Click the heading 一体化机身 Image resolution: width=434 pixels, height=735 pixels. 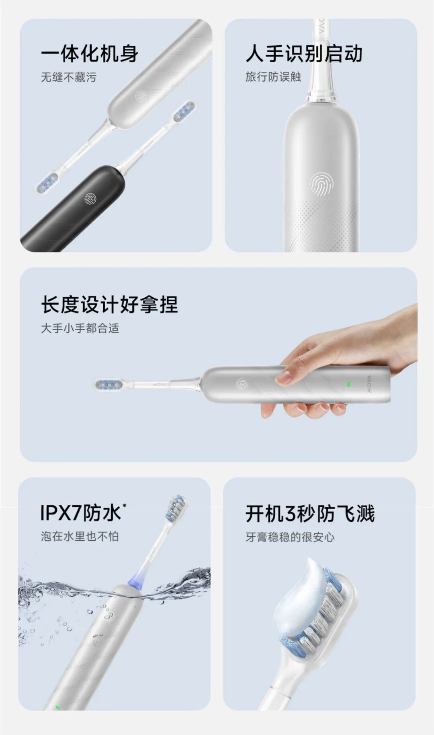[90, 54]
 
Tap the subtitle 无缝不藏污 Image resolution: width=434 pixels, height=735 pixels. [69, 77]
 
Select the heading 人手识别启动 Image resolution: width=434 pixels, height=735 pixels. [304, 54]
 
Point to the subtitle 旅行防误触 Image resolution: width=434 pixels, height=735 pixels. [273, 77]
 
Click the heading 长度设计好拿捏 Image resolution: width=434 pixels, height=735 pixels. [109, 305]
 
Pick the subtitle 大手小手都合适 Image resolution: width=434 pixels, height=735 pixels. [80, 328]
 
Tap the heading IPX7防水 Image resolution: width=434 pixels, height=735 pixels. [80, 513]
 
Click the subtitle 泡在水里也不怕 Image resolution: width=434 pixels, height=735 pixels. [80, 536]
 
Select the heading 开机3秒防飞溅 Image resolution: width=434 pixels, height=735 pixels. [310, 514]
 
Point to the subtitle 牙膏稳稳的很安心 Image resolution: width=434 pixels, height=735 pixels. [290, 537]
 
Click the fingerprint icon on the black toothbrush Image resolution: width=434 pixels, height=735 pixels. [90, 199]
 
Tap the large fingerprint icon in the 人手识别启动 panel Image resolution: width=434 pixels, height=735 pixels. [321, 185]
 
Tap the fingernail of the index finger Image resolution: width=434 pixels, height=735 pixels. [283, 377]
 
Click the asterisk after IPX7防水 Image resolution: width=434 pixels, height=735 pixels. [124, 505]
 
